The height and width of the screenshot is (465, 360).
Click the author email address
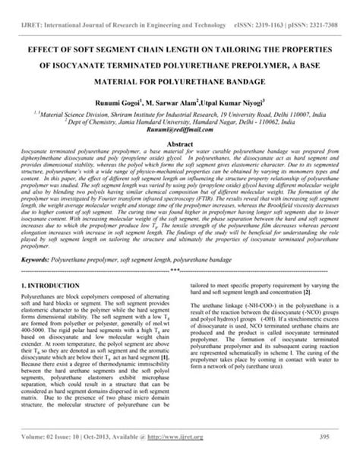179,130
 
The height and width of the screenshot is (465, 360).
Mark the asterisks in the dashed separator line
179,269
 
